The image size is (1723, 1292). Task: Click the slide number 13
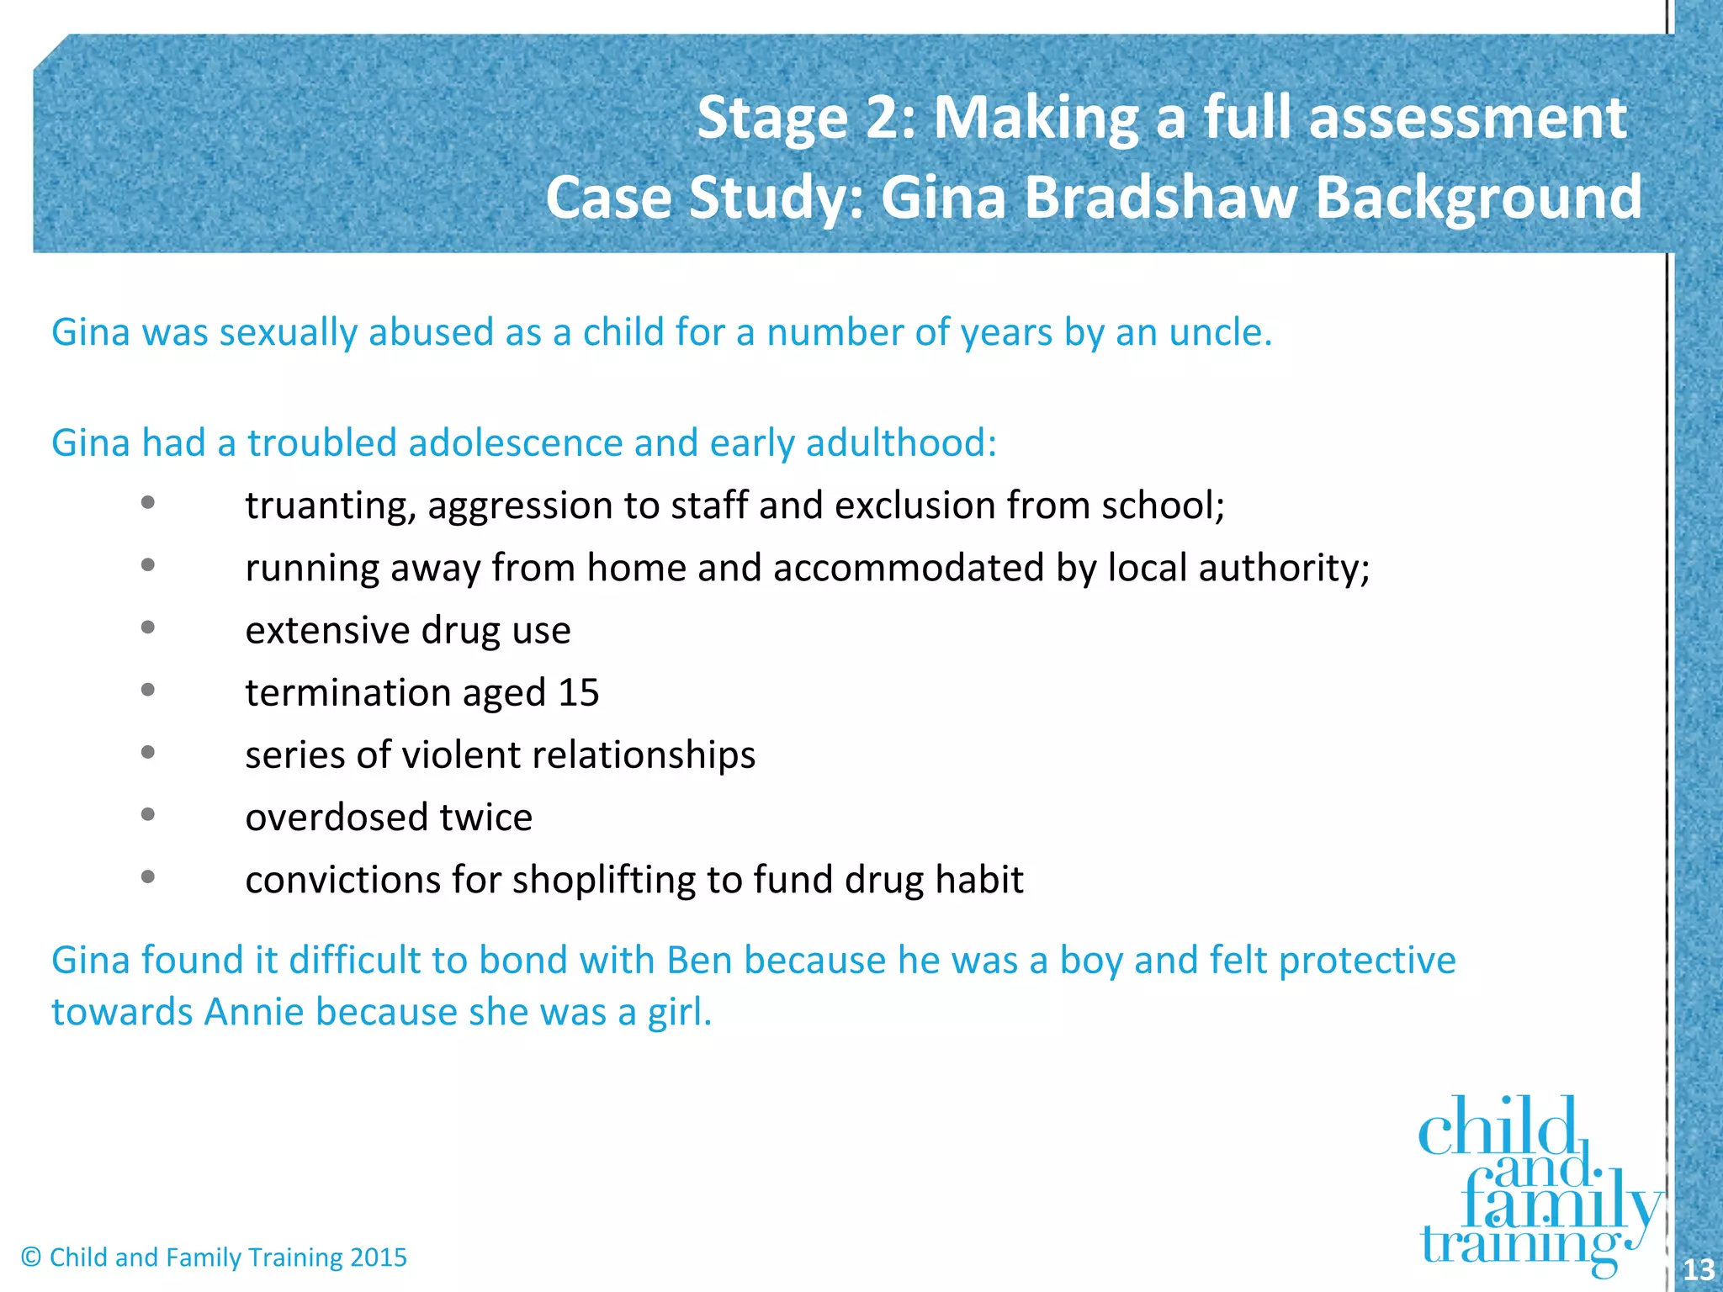tap(1698, 1268)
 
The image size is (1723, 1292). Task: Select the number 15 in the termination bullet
tap(579, 693)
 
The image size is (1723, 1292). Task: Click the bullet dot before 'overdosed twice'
tap(148, 814)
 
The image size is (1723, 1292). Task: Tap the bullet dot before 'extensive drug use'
tap(148, 627)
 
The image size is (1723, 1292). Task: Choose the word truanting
tap(331, 506)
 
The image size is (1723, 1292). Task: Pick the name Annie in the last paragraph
tap(253, 1012)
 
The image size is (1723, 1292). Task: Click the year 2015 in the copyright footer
tap(379, 1258)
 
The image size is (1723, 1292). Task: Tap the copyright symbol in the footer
tap(31, 1258)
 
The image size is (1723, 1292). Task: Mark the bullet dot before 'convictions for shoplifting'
tap(148, 877)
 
